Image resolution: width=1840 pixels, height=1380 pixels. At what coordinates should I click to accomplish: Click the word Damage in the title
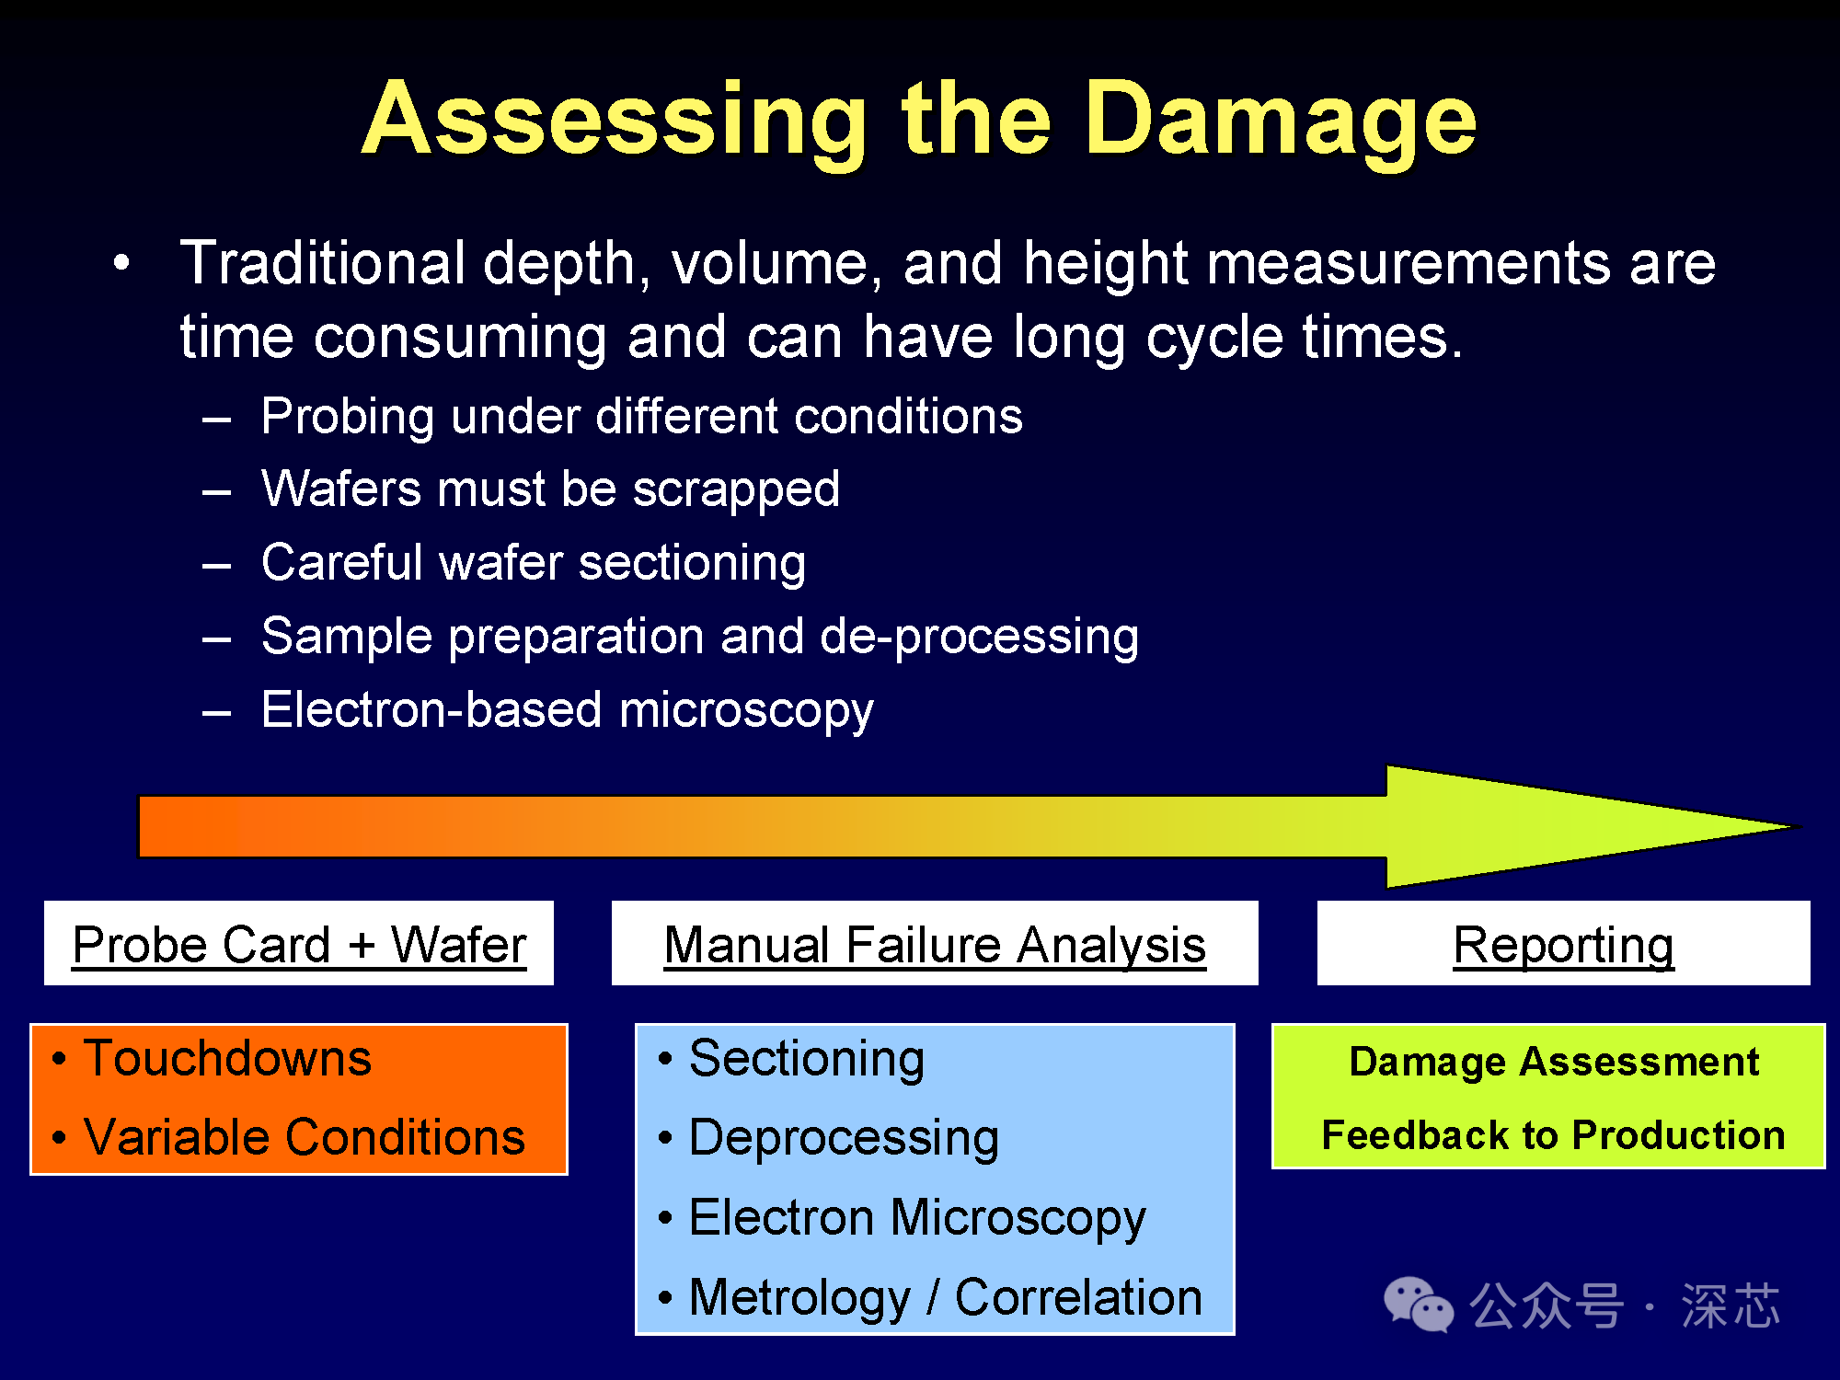(1281, 122)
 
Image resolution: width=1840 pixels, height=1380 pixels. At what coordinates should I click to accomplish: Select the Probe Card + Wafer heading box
(299, 943)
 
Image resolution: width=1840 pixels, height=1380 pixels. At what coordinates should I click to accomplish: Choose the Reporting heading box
(1564, 943)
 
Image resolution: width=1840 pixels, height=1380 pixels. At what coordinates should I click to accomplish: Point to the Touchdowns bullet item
(213, 1058)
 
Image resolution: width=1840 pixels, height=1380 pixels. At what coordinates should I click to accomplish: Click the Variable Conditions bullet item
(289, 1137)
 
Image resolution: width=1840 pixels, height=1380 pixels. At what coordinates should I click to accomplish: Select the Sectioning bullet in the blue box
(791, 1059)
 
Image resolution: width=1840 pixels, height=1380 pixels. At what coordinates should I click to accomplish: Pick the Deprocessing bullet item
(829, 1139)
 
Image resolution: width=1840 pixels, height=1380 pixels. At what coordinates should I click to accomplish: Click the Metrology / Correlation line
(930, 1298)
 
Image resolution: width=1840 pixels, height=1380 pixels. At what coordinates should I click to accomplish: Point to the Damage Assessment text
(1554, 1062)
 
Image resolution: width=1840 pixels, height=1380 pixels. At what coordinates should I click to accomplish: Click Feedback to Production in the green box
(1554, 1135)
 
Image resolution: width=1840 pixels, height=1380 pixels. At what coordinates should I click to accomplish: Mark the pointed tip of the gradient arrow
(1800, 827)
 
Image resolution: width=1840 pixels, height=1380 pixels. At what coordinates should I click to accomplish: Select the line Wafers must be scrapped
(550, 489)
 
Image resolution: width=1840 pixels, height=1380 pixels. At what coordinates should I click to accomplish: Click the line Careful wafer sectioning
(534, 563)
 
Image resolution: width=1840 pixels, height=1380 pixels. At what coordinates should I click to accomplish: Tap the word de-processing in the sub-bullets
(980, 638)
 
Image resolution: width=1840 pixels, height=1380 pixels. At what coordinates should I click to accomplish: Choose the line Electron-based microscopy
(568, 711)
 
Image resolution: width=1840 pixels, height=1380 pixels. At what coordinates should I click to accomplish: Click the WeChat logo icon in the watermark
(1419, 1304)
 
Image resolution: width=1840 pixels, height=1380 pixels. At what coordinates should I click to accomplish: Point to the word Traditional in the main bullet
(322, 263)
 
